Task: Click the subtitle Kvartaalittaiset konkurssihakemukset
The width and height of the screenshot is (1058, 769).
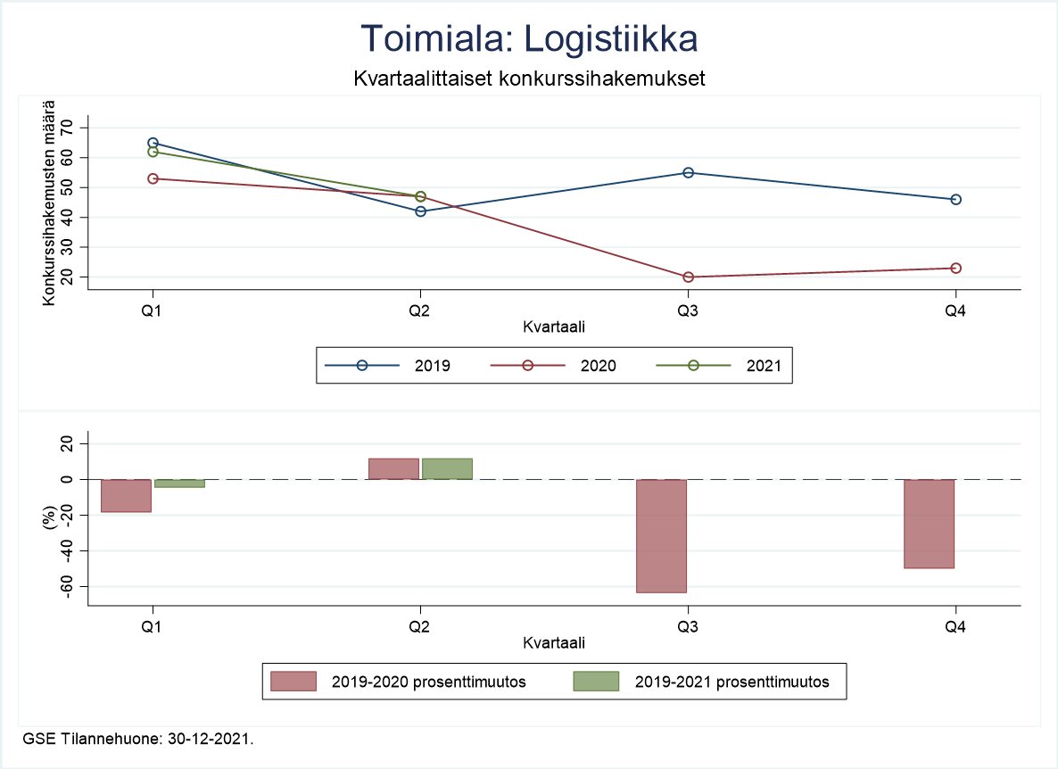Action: [x=529, y=79]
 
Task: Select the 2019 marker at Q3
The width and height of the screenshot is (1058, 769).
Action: [x=688, y=172]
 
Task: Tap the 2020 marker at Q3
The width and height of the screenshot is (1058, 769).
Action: [x=688, y=277]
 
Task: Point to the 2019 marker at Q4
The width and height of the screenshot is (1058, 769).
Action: [x=955, y=199]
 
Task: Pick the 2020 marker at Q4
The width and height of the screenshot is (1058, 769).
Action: [x=955, y=268]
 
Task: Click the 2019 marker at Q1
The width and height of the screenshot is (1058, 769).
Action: [x=153, y=143]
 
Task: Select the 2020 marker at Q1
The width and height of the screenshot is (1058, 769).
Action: [x=153, y=178]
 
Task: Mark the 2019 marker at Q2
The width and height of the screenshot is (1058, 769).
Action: [x=420, y=211]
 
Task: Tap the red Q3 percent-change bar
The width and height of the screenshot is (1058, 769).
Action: [x=661, y=535]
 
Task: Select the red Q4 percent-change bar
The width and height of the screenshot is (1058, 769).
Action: [x=929, y=524]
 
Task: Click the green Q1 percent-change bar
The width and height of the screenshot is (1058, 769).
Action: [x=179, y=483]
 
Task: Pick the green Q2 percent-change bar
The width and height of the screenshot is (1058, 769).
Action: [x=447, y=468]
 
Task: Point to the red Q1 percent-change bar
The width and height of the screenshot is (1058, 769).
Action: [x=126, y=495]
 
